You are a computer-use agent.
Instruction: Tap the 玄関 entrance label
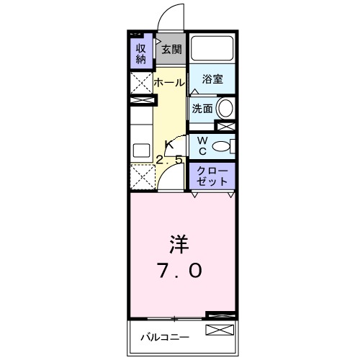pos(171,50)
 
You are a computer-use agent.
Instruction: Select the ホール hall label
pos(169,82)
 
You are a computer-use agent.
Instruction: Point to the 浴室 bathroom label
pos(212,78)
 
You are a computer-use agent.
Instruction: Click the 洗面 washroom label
pos(202,109)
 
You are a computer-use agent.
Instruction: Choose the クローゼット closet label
pos(212,175)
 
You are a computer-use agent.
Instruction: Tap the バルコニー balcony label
pos(164,336)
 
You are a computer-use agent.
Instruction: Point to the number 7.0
pos(179,271)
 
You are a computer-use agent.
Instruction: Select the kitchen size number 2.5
pos(170,160)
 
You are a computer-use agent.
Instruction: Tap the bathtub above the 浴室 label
pos(212,49)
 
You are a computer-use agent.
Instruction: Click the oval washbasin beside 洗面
pos(225,109)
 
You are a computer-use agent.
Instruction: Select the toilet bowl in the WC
pos(224,145)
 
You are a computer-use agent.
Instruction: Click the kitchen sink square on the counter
pos(140,150)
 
